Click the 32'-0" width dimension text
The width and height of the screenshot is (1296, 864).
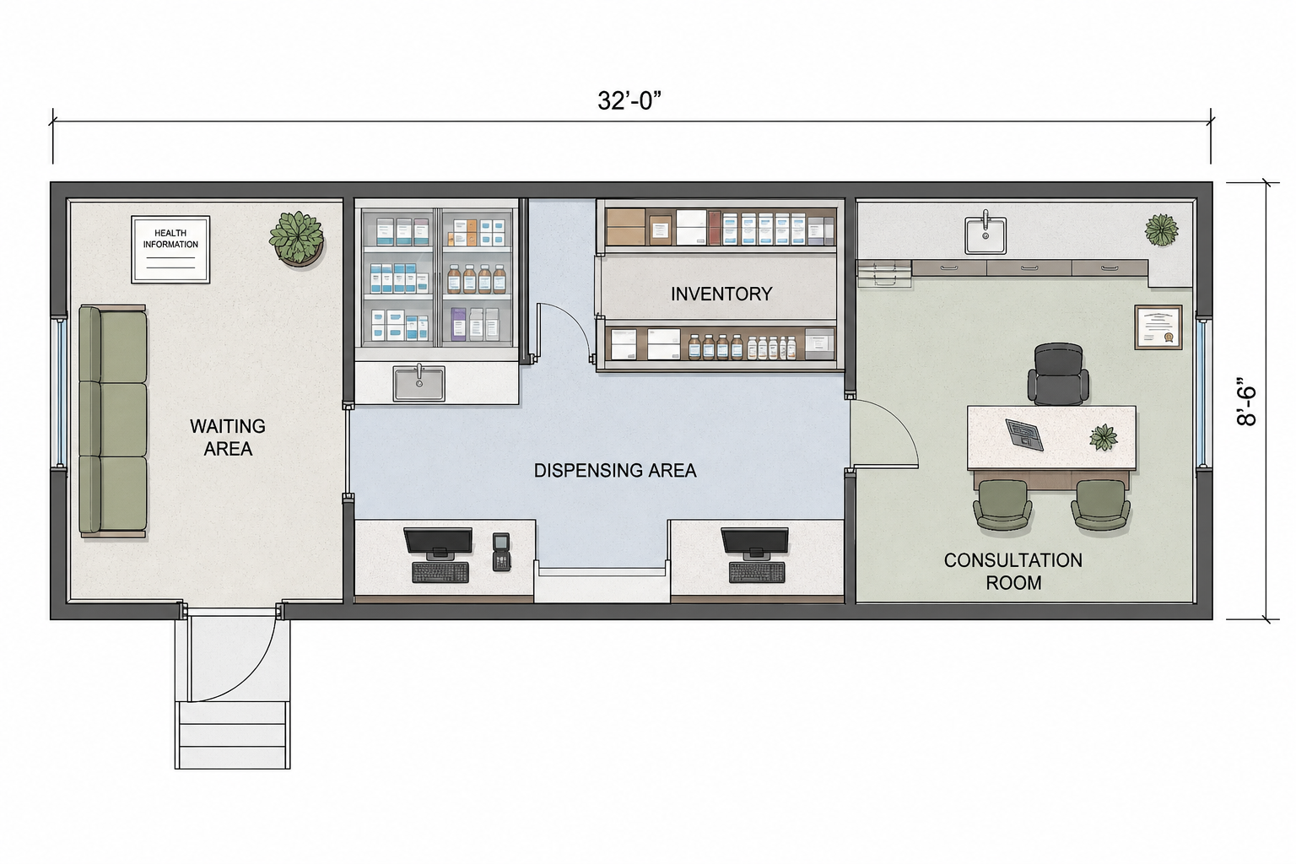629,100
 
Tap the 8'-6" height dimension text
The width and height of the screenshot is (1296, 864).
1247,402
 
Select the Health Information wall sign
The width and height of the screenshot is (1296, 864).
170,250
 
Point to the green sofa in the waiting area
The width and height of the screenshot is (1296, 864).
112,420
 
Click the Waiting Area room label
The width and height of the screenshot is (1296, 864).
228,437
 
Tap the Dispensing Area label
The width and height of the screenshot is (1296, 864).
615,471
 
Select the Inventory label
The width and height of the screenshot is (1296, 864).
721,294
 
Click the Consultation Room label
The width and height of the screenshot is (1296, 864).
1013,570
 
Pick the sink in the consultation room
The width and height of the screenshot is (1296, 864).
985,234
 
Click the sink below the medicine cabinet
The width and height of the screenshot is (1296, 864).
418,382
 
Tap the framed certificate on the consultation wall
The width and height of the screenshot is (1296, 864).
1158,327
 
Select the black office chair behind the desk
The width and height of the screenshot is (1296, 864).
1058,375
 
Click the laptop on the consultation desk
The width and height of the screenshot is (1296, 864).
1024,434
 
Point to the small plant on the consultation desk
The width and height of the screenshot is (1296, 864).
1104,437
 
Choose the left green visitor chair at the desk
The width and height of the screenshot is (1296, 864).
1002,505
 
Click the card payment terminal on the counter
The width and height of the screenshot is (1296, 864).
501,552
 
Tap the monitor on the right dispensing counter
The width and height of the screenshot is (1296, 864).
754,543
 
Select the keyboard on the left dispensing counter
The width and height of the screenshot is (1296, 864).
440,572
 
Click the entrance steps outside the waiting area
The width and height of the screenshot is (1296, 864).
233,734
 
